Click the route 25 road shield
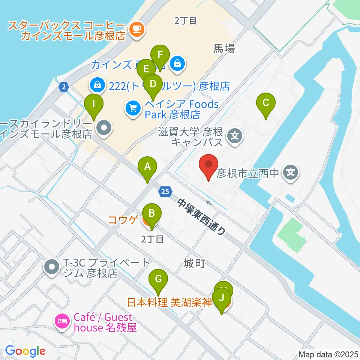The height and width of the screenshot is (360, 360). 165,192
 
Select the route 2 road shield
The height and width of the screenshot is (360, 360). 64,87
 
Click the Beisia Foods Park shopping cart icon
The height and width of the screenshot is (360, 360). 133,109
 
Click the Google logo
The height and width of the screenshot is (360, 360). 25,351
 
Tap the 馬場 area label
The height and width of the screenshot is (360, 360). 224,48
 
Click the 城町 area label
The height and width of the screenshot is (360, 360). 194,264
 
